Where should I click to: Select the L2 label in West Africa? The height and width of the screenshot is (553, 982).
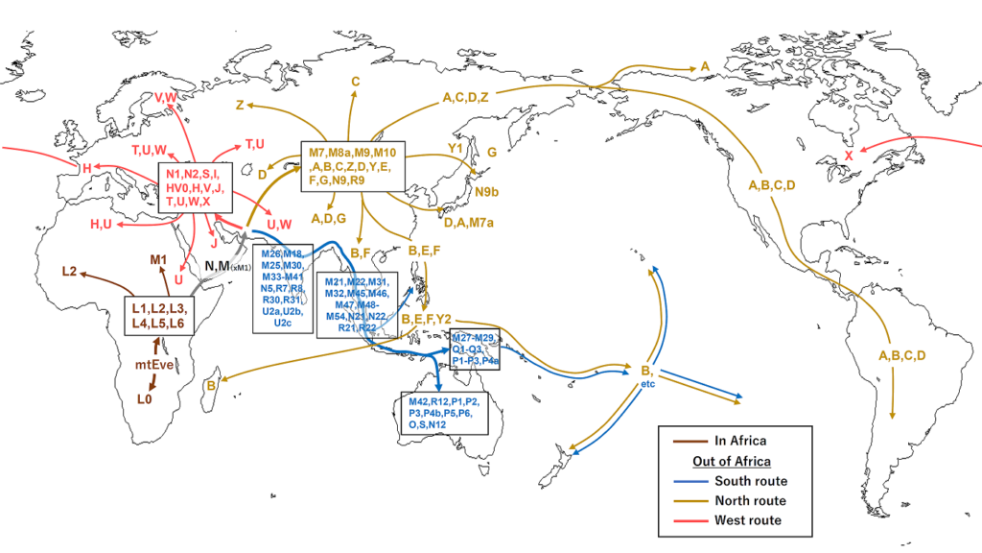68,271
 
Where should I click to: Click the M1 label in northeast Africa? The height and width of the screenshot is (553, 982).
159,260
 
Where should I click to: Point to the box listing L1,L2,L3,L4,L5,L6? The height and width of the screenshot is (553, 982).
160,315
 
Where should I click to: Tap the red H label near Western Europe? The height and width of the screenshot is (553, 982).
86,168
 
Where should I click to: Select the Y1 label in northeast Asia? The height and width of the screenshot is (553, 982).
456,150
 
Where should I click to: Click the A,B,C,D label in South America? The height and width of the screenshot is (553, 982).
902,356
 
